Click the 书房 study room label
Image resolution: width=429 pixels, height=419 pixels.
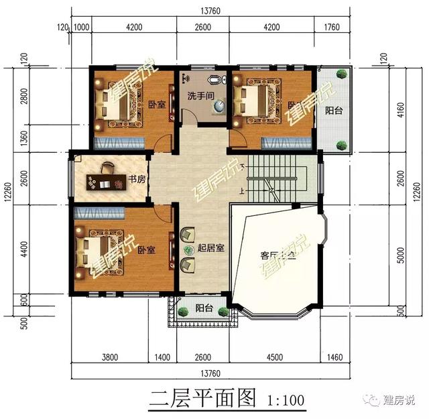pyautogui.click(x=137, y=180)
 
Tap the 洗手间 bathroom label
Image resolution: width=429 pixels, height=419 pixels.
pyautogui.click(x=200, y=96)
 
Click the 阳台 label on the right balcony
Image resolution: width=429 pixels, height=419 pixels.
pyautogui.click(x=334, y=111)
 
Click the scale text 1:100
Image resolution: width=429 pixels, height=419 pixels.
pyautogui.click(x=285, y=402)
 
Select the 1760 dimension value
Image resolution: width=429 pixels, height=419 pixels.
pyautogui.click(x=332, y=27)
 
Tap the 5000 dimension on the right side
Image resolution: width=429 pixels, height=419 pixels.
pyautogui.click(x=400, y=255)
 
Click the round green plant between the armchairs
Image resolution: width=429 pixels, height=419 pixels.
pyautogui.click(x=186, y=249)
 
